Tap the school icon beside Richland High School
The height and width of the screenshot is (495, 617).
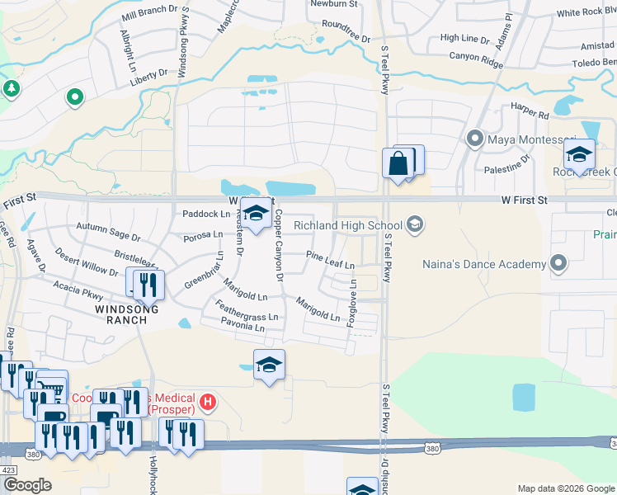pyautogui.click(x=414, y=224)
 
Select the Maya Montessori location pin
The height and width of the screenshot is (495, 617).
pyautogui.click(x=474, y=139)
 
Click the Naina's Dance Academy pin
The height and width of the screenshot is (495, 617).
pyautogui.click(x=558, y=264)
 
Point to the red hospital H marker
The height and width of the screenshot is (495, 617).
pyautogui.click(x=208, y=403)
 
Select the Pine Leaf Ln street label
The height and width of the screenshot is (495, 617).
pyautogui.click(x=330, y=261)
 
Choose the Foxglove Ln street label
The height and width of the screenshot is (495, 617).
pyautogui.click(x=352, y=301)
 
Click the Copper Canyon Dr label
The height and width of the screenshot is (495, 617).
pyautogui.click(x=279, y=244)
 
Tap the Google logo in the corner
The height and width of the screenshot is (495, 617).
pyautogui.click(x=27, y=485)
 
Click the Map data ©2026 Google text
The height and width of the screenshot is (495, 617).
pyautogui.click(x=564, y=488)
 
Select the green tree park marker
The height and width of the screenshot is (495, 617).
pyautogui.click(x=11, y=88)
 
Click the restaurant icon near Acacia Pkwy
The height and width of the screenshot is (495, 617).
pyautogui.click(x=148, y=285)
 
